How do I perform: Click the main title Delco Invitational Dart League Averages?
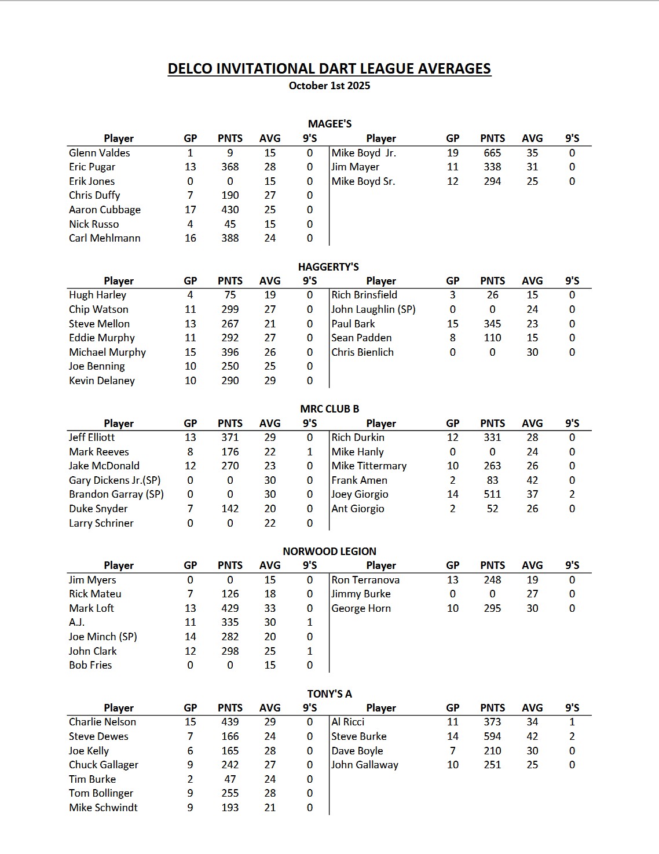click(329, 69)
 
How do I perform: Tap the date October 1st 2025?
click(329, 86)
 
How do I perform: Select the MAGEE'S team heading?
click(329, 124)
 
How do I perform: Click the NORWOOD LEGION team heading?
click(329, 552)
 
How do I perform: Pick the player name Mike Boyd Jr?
click(364, 153)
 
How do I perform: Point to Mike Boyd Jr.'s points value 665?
click(492, 153)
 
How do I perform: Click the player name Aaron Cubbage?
click(105, 210)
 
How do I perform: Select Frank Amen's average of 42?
click(532, 480)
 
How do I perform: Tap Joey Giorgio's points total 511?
click(492, 494)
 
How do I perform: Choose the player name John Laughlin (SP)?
click(374, 309)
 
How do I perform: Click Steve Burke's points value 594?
click(492, 736)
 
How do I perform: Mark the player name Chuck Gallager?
click(104, 765)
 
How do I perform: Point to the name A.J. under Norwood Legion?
click(77, 622)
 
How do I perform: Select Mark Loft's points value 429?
click(230, 608)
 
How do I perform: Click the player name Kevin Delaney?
click(102, 381)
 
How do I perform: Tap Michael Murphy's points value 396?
click(230, 352)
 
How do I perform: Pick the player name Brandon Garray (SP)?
click(116, 494)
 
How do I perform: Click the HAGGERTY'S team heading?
click(328, 267)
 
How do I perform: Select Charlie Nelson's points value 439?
click(230, 722)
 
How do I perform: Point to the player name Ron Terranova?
click(365, 580)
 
